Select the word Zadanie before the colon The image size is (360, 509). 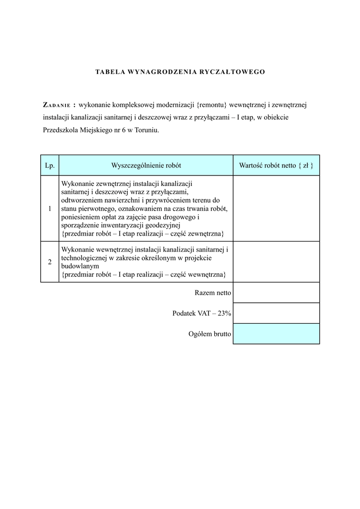56,105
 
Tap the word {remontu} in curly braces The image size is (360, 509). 212,105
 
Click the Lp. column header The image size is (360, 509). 50,165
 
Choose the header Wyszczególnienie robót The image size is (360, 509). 146,165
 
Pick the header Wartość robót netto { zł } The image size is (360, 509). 276,165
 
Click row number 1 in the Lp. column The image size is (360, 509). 50,209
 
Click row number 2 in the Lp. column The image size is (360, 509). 50,262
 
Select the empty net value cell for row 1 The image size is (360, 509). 276,209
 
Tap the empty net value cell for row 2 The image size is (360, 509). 276,262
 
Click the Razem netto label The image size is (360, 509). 213,293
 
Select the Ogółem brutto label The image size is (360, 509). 209,334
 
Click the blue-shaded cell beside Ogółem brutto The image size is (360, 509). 276,334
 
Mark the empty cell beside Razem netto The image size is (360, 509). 276,293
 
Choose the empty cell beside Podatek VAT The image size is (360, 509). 276,313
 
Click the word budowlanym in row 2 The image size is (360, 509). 77,266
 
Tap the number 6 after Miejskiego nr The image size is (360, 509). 124,131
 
